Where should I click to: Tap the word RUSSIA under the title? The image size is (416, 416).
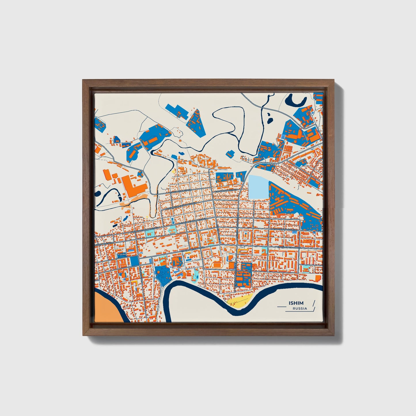coord(300,308)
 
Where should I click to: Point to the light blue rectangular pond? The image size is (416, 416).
coord(258,187)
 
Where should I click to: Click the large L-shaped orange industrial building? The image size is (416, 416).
coord(134,187)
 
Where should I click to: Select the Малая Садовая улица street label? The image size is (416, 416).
coord(283,230)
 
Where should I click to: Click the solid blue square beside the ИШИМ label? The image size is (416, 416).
coord(134,261)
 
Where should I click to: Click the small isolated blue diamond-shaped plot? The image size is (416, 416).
coord(230,154)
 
